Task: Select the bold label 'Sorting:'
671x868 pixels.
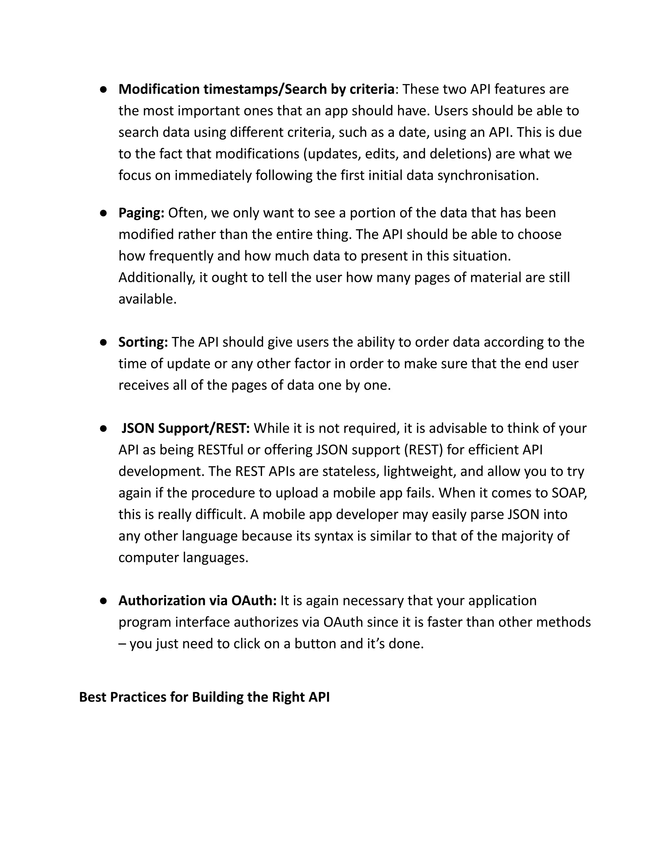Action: click(x=143, y=342)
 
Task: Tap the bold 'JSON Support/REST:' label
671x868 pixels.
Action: click(x=185, y=428)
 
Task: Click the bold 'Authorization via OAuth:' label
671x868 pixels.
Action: click(x=197, y=600)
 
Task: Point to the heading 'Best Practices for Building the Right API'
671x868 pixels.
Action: click(x=204, y=697)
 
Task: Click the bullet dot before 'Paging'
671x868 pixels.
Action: click(x=103, y=214)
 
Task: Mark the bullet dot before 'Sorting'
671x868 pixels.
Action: click(x=103, y=343)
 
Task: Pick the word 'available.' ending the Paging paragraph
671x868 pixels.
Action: click(x=147, y=299)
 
